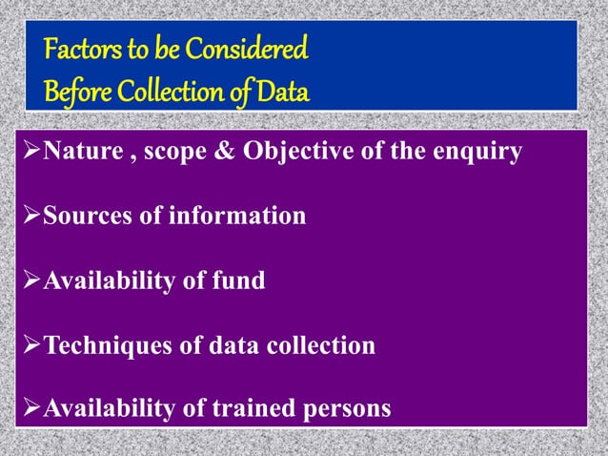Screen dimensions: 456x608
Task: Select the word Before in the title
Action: pos(76,93)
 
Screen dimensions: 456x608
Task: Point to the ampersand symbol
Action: pos(235,152)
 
